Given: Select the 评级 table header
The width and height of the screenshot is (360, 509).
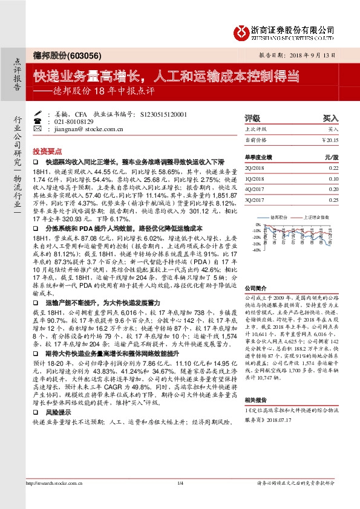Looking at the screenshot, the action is [252, 119].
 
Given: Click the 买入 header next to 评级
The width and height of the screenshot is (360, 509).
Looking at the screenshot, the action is [330, 119].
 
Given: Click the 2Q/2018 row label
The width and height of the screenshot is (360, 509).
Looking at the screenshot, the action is [255, 168].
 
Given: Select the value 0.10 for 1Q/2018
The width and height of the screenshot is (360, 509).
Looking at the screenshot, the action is [333, 179].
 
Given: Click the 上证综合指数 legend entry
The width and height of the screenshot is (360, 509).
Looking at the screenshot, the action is [316, 215].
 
